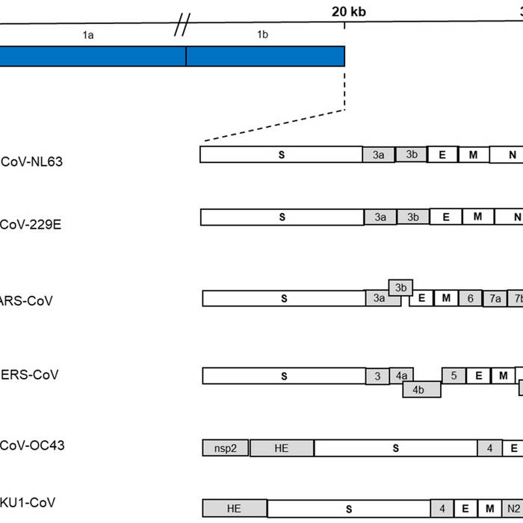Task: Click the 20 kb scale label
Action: coord(349,11)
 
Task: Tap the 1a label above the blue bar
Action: coord(88,34)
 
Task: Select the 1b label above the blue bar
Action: coord(263,34)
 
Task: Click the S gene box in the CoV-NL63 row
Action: coord(281,155)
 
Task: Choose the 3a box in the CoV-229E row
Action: coord(380,217)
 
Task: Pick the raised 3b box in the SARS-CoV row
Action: coord(401,288)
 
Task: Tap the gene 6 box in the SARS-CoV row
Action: coord(470,298)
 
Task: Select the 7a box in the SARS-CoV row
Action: coord(495,298)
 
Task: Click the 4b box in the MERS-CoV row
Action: coord(421,389)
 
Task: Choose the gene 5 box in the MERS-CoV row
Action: coord(454,376)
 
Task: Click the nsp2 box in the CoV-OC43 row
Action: coord(225,448)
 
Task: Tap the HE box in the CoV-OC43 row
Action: coord(282,448)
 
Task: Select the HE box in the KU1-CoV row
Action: coord(234,509)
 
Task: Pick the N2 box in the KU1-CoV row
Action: coord(513,509)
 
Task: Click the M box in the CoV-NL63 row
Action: coord(472,155)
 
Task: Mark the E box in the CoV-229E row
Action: coord(445,217)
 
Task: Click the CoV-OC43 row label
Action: coord(32,446)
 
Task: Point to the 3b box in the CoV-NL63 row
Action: coord(411,155)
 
